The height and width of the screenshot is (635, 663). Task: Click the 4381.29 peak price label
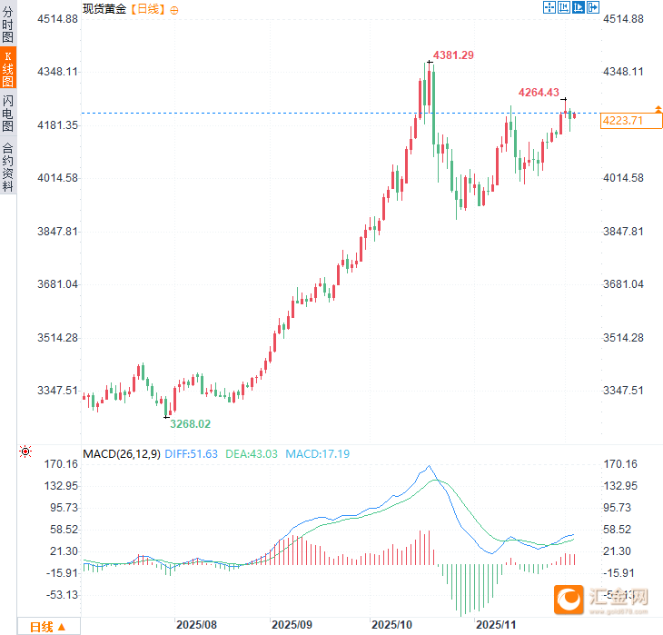tap(454, 55)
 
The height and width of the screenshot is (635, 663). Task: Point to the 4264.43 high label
tap(539, 92)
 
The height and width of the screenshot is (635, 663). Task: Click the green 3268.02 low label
tap(191, 423)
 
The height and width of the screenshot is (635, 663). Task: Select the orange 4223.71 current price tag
tap(622, 120)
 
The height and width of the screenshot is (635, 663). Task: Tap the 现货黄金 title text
tap(105, 8)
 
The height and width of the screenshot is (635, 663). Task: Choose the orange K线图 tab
tap(8, 68)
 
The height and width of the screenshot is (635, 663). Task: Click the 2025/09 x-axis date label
tap(292, 625)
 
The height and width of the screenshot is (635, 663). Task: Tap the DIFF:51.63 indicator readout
tap(192, 453)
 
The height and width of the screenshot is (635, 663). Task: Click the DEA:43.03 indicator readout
tap(252, 453)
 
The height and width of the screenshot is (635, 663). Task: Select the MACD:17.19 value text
tap(318, 453)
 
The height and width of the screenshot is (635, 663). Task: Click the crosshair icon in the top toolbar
tap(549, 7)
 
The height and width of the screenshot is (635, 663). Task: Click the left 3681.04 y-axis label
tap(56, 284)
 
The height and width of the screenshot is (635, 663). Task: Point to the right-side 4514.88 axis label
tap(623, 18)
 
